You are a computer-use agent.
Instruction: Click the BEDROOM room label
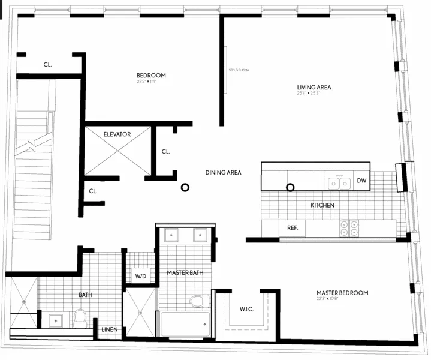[x=150, y=76]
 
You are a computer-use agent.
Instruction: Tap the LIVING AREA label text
[x=314, y=87]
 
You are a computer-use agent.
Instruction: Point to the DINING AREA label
[x=223, y=173]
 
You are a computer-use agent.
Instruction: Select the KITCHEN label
[x=322, y=206]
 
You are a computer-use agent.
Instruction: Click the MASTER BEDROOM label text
[x=342, y=293]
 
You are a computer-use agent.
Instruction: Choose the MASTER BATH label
[x=185, y=273]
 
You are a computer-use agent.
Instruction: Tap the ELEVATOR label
[x=117, y=134]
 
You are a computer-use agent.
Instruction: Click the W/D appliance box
[x=140, y=277]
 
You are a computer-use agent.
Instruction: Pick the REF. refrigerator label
[x=293, y=228]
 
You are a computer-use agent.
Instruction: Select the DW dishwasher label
[x=361, y=181]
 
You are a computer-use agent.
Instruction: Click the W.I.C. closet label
[x=246, y=310]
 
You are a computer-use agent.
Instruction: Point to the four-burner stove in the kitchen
[x=349, y=228]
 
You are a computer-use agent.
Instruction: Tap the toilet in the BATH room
[x=80, y=316]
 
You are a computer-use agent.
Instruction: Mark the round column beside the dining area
[x=185, y=188]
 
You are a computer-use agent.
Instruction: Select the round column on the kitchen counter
[x=290, y=187]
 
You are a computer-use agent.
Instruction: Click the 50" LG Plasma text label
[x=239, y=70]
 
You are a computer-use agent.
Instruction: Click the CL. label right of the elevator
[x=165, y=152]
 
